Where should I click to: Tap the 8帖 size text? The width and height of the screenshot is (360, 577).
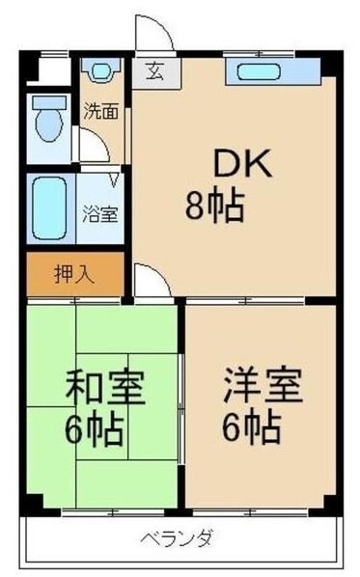(x=214, y=205)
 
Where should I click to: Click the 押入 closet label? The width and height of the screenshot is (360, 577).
(x=73, y=274)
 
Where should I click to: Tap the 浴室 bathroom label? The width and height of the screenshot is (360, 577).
(x=99, y=213)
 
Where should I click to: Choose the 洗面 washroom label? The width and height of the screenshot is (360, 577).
(x=99, y=110)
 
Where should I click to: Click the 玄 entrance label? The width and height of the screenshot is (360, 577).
(x=153, y=70)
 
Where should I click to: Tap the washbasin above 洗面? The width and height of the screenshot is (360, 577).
(x=99, y=71)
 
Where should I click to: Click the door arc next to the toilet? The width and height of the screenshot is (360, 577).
(x=93, y=146)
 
